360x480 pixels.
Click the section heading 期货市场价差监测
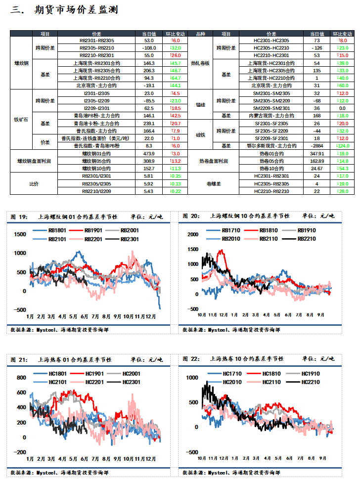[76, 10]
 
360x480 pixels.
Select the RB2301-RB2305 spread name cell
[97, 41]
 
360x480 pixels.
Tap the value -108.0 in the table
[149, 48]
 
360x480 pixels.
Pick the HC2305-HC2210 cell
[271, 48]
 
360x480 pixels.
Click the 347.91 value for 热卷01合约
[317, 154]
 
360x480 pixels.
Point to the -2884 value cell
[317, 146]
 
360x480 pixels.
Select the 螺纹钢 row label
[21, 63]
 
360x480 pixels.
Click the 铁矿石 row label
[21, 120]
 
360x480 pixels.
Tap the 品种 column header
[200, 34]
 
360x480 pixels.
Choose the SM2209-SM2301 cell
[271, 108]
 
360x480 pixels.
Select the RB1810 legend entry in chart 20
[261, 230]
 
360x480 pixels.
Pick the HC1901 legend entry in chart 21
[87, 374]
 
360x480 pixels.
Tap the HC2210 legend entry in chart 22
[303, 382]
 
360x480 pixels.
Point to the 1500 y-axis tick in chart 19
[20, 234]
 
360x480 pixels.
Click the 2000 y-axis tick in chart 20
[193, 234]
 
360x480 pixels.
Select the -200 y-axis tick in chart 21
[20, 452]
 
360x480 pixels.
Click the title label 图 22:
[191, 359]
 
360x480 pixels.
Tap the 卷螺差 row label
[213, 184]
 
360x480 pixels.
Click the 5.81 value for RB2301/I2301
[149, 176]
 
